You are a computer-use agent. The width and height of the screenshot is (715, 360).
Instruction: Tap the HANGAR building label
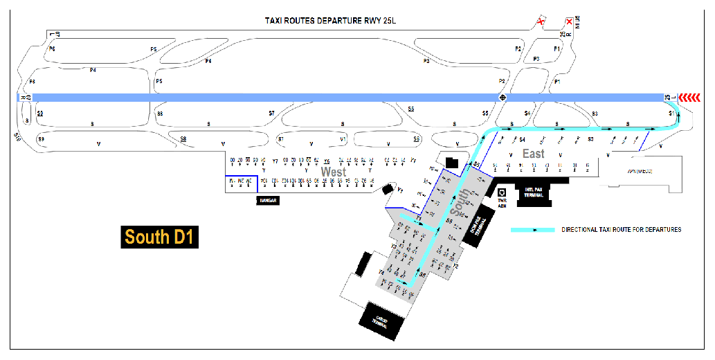point(269,200)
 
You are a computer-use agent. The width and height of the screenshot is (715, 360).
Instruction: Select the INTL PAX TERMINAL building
point(533,193)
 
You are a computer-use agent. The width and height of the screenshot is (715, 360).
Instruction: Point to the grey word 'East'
point(534,154)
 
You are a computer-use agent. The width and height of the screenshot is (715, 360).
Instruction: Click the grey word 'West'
point(334,171)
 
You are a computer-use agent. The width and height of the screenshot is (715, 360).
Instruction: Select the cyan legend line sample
point(532,229)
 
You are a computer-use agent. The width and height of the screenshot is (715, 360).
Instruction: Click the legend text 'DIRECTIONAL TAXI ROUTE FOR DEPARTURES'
point(622,229)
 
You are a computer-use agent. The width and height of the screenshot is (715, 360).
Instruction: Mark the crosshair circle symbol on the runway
point(503,97)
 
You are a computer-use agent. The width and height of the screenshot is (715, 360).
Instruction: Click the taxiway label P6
point(51,49)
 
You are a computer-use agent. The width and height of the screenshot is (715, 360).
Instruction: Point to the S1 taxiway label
point(671,112)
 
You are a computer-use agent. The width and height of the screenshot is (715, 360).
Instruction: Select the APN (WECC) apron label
point(640,172)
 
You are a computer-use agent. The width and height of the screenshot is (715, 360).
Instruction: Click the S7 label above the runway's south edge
point(271,112)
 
